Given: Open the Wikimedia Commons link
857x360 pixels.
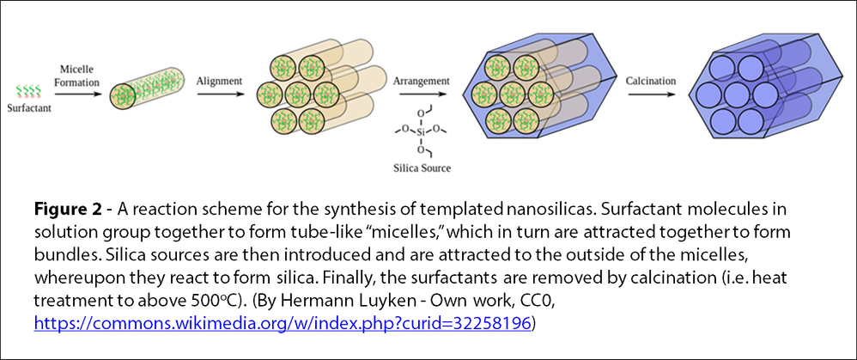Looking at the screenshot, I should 283,323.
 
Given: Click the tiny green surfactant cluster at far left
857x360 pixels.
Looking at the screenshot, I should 28,90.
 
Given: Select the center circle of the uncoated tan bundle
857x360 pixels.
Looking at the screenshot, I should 298,94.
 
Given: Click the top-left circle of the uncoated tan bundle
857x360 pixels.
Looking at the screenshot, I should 283,68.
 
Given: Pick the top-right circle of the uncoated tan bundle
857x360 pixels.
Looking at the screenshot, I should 311,68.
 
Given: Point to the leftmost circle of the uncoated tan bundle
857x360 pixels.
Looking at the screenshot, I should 270,94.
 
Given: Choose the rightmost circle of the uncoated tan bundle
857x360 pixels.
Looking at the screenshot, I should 325,94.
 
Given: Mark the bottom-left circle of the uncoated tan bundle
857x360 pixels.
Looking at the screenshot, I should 283,119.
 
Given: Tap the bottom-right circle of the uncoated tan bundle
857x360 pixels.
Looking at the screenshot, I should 311,119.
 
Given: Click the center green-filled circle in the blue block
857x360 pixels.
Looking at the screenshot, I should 512,93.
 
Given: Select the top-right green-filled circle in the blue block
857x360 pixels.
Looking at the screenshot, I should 526,68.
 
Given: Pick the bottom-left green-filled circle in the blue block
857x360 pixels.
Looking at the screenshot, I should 498,119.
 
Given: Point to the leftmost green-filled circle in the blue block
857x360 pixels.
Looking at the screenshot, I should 484,93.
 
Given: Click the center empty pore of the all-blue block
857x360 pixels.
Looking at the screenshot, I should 736,94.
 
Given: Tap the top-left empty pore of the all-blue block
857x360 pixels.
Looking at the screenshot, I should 722,69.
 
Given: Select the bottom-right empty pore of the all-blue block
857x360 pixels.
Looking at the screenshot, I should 751,119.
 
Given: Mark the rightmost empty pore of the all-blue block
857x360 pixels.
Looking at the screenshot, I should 764,94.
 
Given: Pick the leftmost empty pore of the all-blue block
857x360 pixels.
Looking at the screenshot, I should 708,94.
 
